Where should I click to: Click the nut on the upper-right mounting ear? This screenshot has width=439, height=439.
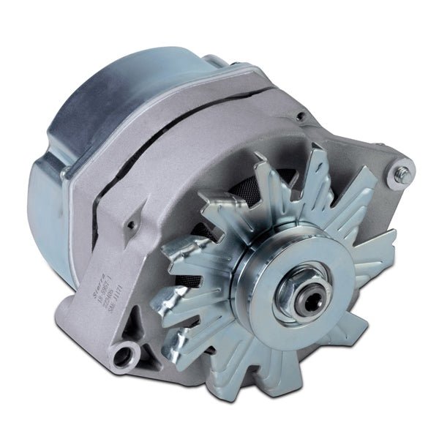(x=402, y=174)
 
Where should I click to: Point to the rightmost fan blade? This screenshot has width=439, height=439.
(x=373, y=256)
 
